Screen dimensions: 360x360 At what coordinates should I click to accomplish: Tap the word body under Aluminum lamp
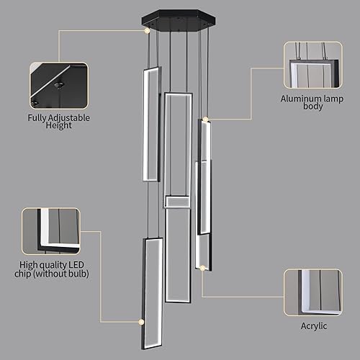click(x=312, y=107)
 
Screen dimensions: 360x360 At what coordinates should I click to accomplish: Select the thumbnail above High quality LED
click(x=50, y=233)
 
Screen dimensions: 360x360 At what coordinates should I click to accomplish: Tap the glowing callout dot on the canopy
click(x=148, y=30)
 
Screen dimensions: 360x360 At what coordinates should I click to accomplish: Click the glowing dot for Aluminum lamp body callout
click(x=205, y=118)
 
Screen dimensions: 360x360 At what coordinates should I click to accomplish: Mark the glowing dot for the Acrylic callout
click(x=204, y=268)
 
